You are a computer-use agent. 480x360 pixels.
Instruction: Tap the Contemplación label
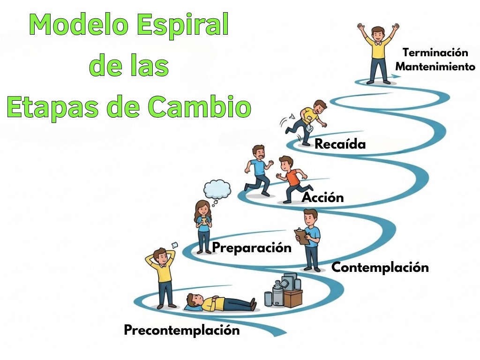click(380, 268)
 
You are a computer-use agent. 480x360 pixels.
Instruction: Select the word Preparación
click(252, 247)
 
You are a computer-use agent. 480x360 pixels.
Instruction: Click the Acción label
click(323, 197)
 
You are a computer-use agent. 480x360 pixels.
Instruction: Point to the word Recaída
click(340, 144)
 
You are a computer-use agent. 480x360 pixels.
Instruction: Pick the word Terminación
click(435, 52)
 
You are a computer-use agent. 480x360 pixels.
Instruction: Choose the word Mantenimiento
click(435, 67)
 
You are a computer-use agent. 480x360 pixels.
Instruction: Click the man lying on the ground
click(220, 302)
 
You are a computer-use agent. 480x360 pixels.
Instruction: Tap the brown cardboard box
click(292, 298)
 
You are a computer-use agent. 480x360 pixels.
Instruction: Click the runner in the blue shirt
click(258, 171)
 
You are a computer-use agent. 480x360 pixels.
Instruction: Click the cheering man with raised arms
click(378, 52)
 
